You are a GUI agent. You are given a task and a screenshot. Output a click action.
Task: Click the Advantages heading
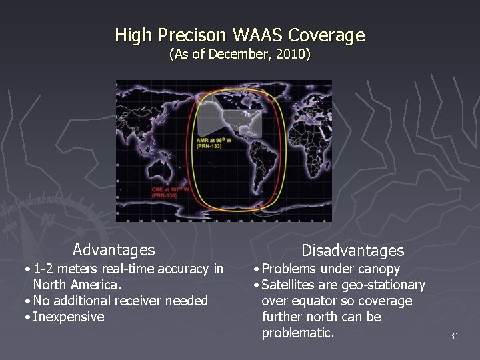tap(113, 250)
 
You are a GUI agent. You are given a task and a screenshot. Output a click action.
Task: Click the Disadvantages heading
tap(353, 251)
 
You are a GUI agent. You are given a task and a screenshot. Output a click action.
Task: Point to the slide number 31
tap(454, 337)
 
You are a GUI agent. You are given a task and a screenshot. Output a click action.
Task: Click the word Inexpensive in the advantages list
tap(69, 317)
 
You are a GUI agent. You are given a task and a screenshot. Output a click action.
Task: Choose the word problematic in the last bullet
tap(298, 333)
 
